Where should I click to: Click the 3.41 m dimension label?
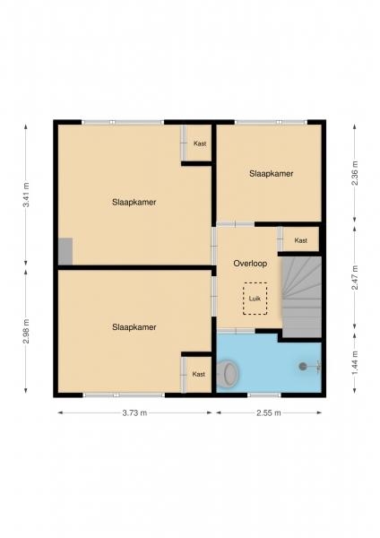coord(26,195)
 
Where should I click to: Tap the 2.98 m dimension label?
coord(26,331)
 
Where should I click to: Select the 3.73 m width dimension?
coord(134,412)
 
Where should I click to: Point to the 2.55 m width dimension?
coord(269,412)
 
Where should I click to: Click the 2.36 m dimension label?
coord(355,173)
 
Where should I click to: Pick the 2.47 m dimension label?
coord(355,278)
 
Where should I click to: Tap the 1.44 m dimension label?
coord(355,362)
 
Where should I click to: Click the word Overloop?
coord(250,264)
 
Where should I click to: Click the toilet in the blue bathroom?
coord(228,373)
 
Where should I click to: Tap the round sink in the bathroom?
coord(303,367)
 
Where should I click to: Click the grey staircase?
coord(302,297)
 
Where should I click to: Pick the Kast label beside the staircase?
coord(301,240)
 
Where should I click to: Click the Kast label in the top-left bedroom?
coord(200,143)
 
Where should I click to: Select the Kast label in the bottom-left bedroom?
coord(199,374)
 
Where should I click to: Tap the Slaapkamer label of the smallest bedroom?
coord(272,174)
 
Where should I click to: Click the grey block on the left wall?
coord(65,251)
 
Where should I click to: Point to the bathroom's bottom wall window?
coord(264,395)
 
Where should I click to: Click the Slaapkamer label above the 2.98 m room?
coord(134,202)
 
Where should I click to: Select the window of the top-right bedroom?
coord(271,122)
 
